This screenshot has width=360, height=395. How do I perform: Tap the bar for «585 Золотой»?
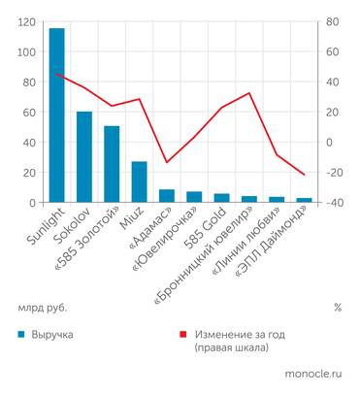click(x=112, y=164)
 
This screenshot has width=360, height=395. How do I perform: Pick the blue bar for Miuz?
click(x=139, y=181)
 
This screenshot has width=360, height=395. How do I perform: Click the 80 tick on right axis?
click(x=331, y=21)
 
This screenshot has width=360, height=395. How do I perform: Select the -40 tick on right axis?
click(x=334, y=202)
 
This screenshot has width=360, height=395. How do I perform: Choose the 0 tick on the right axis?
click(x=329, y=142)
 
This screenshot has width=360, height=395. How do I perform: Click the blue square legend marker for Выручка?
click(x=21, y=334)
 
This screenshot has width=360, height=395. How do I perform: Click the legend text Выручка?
click(x=52, y=334)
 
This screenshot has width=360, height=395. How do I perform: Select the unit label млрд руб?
click(x=42, y=308)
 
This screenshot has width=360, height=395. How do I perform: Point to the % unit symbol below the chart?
click(x=337, y=308)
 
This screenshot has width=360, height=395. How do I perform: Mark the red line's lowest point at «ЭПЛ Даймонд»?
click(x=304, y=175)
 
